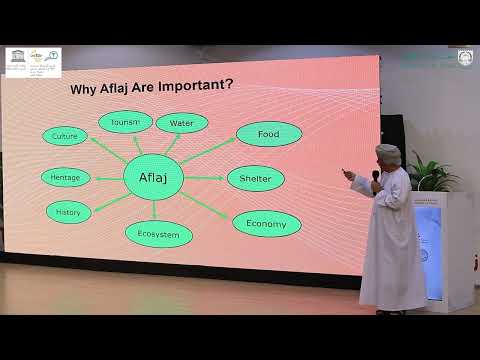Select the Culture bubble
click(x=66, y=135)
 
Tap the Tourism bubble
click(x=125, y=122)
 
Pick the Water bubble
click(x=182, y=123)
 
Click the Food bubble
click(x=269, y=134)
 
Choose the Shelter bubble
click(x=255, y=179)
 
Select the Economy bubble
click(x=266, y=224)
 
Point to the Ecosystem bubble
click(x=159, y=235)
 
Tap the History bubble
click(x=69, y=212)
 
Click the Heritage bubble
click(x=66, y=178)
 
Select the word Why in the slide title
click(x=83, y=90)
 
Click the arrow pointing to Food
click(x=210, y=152)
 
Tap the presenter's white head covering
click(x=388, y=154)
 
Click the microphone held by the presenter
click(x=376, y=180)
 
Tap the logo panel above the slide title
click(x=33, y=62)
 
